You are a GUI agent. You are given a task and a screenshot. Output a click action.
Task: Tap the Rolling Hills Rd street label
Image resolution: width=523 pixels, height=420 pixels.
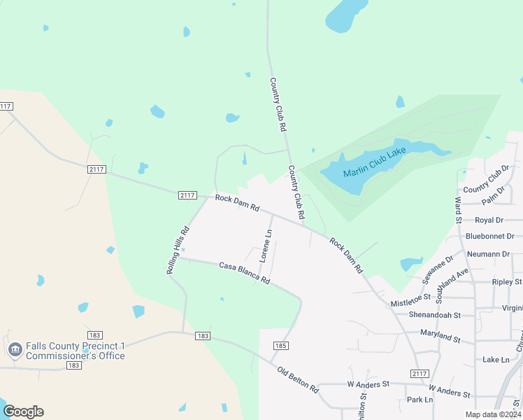pos(178,250)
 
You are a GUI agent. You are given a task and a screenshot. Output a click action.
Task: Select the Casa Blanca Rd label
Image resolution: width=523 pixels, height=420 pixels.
pos(244,272)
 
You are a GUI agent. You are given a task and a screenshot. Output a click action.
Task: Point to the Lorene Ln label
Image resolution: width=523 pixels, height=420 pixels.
pos(265,246)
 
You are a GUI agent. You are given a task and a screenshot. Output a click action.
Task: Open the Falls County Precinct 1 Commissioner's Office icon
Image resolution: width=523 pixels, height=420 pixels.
pos(15,349)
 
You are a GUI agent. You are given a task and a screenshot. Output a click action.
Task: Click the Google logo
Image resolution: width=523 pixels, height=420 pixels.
pos(23,412)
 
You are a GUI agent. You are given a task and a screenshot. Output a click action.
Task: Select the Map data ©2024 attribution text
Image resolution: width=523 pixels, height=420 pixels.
pos(492,414)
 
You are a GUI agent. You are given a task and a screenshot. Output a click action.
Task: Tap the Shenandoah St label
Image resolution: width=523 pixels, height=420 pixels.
pos(435,315)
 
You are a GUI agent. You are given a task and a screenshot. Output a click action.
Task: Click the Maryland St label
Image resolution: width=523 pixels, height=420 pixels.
pos(440,335)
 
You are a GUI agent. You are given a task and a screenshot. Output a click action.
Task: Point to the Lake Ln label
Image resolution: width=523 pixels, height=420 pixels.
pos(496,359)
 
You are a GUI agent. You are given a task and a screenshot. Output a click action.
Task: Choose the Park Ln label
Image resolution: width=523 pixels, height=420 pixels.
pos(420,400)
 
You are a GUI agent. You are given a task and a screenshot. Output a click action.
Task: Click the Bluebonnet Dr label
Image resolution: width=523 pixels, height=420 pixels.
pos(489,237)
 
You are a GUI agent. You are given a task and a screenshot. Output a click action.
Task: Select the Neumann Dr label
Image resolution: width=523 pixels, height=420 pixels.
pos(490,254)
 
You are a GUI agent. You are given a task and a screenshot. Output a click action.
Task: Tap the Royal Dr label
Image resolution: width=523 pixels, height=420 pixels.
pos(489,220)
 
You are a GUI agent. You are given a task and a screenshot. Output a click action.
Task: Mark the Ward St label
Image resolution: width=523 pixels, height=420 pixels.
pos(459,205)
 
